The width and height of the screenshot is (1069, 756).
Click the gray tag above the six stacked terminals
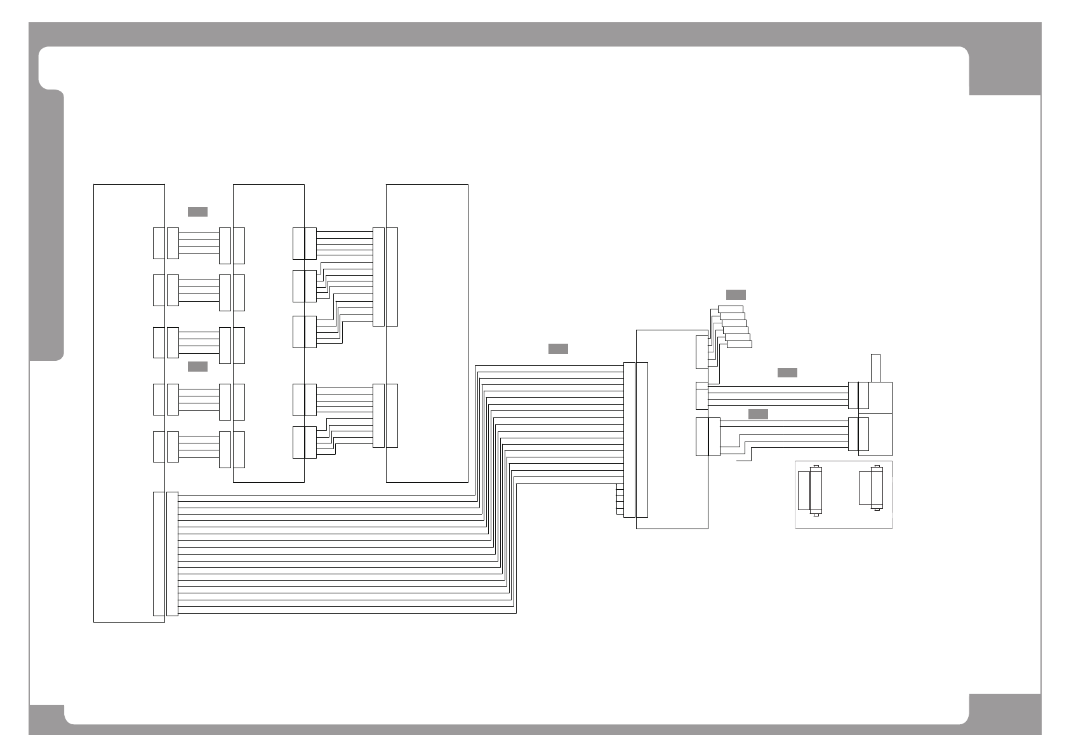(x=736, y=295)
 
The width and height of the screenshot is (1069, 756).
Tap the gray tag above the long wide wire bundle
(x=558, y=349)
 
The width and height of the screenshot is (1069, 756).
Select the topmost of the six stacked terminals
(x=731, y=309)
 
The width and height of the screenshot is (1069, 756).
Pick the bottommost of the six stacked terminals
(x=739, y=344)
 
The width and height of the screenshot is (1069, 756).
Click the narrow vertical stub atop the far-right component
(x=876, y=368)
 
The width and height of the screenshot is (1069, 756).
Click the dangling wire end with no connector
(x=741, y=462)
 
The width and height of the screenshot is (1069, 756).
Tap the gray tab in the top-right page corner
(x=1005, y=70)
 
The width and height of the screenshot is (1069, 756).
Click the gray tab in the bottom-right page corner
(x=1005, y=715)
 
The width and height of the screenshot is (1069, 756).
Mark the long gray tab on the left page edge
(x=47, y=226)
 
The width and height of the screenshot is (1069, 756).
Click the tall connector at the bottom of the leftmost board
(x=159, y=554)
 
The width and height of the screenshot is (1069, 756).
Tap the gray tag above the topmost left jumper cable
(x=197, y=212)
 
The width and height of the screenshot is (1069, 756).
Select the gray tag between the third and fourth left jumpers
(x=197, y=366)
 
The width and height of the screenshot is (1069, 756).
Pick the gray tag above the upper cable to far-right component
(x=787, y=372)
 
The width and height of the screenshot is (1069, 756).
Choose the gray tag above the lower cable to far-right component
(x=758, y=414)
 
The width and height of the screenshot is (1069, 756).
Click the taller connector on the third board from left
(x=392, y=276)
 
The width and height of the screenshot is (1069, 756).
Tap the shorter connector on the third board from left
(x=392, y=415)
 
